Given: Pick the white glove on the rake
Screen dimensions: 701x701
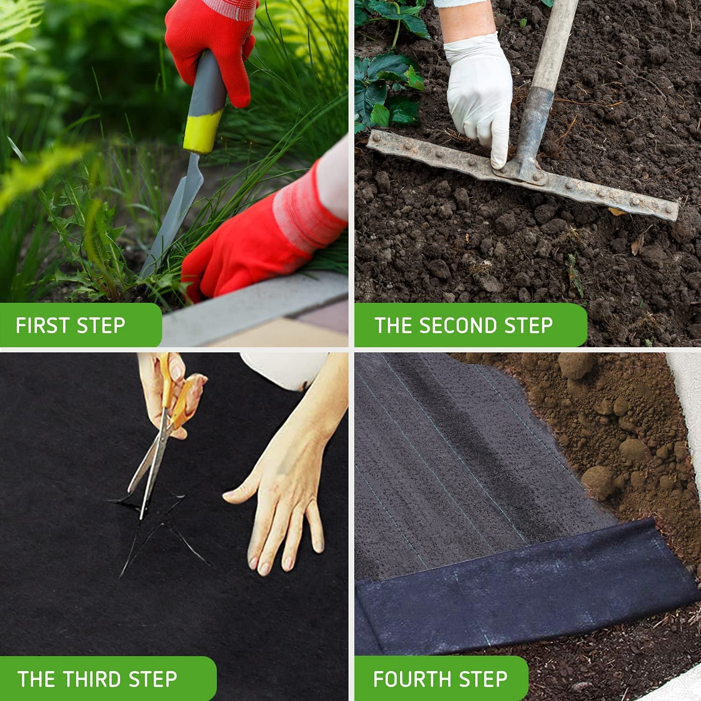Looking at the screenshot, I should pyautogui.click(x=479, y=93).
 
